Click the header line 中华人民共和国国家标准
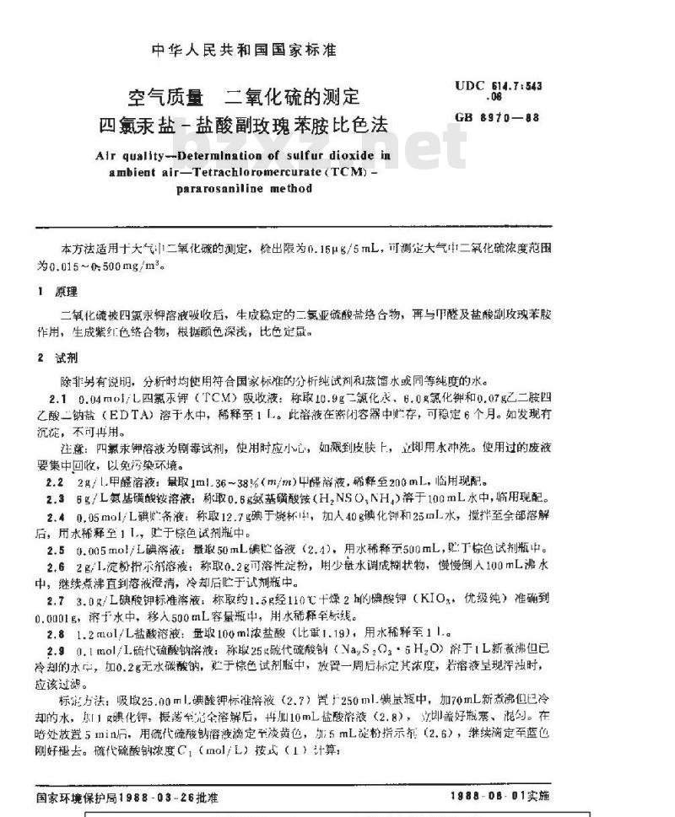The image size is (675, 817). coord(243,50)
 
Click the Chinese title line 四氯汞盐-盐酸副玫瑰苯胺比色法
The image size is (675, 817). coord(244,126)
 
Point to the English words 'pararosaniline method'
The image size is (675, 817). coord(244,188)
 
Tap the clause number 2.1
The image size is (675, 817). coord(56,395)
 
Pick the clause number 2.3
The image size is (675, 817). coord(56,497)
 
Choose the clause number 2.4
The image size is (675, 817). coord(56,515)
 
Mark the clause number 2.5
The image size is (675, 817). coord(56,549)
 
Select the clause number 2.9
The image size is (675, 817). coord(56,652)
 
